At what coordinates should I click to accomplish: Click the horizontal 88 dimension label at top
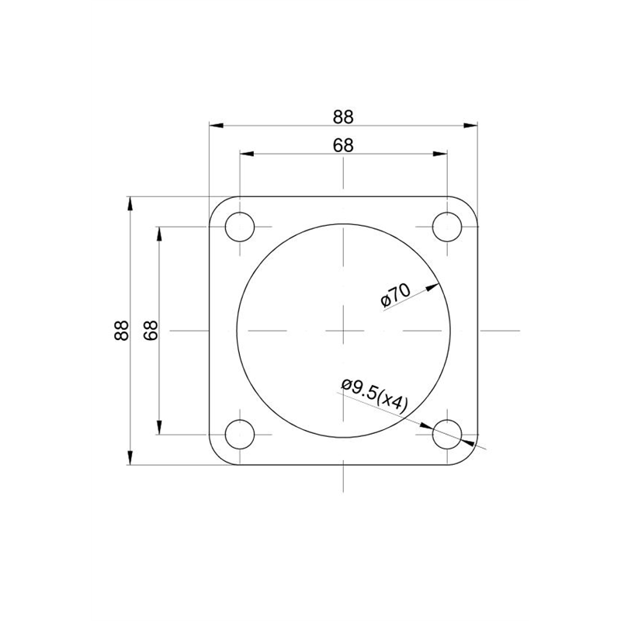(343, 117)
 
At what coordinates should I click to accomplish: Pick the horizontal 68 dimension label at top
(343, 145)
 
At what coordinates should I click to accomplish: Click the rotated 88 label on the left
(122, 331)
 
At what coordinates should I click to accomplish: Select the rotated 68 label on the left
(151, 331)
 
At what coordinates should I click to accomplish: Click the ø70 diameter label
(395, 296)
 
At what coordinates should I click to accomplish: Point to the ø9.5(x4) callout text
(374, 396)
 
